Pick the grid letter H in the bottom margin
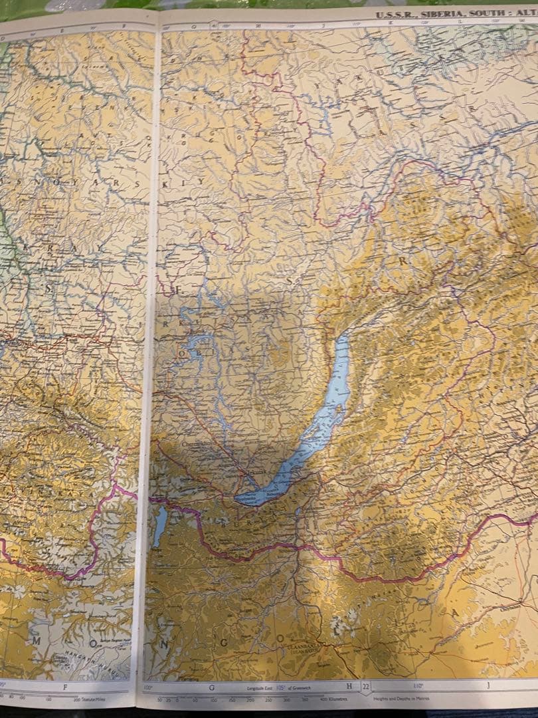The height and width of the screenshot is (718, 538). click(347, 687)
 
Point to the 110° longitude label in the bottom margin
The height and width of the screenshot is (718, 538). click(418, 686)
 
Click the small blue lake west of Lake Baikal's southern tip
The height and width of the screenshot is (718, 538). click(159, 525)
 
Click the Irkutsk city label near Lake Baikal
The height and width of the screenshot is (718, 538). click(253, 471)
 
